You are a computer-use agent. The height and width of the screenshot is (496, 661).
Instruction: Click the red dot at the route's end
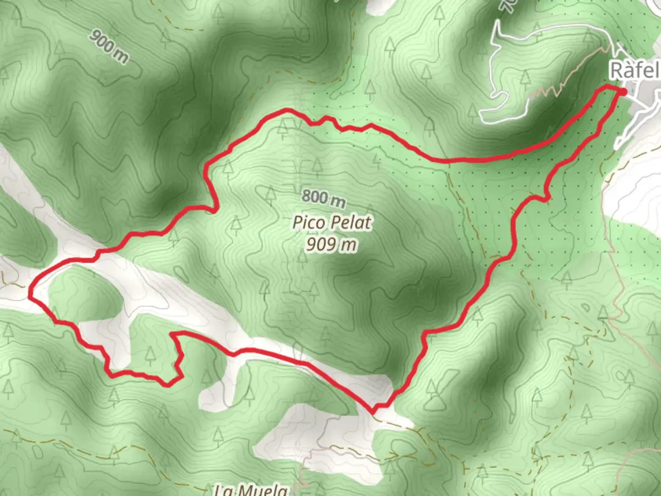(623, 92)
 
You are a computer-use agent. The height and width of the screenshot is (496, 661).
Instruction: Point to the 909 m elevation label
(331, 244)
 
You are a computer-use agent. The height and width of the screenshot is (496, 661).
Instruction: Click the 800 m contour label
(324, 198)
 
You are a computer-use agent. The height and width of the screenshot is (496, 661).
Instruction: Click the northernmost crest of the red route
(287, 110)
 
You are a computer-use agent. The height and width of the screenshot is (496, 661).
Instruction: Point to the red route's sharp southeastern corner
(374, 410)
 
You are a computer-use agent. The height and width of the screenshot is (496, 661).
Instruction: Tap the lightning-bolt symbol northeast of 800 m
(377, 159)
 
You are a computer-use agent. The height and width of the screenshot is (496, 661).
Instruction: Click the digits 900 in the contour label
(101, 41)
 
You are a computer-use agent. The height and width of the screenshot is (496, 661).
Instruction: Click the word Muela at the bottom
(264, 490)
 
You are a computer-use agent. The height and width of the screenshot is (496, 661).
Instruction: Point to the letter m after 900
(121, 56)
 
